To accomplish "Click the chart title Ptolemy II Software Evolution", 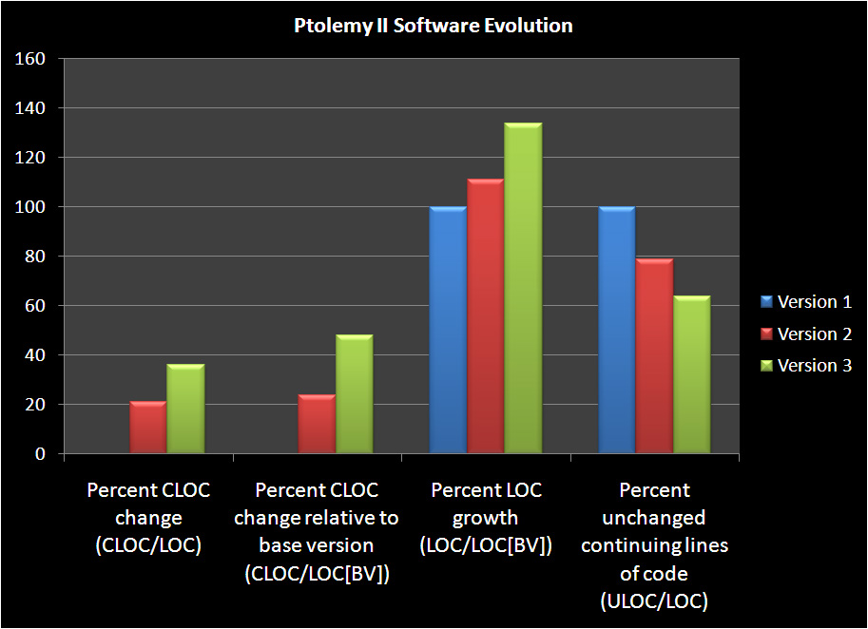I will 433,26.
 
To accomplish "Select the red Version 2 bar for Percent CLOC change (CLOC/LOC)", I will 148,429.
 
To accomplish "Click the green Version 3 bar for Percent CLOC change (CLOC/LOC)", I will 185,410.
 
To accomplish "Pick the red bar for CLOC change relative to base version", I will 317,425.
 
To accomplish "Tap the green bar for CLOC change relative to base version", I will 354,395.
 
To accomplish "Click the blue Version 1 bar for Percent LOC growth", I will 448,331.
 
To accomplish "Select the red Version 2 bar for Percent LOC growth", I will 485,317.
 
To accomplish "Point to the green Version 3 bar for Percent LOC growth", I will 523,289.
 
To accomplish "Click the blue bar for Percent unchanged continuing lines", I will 617,331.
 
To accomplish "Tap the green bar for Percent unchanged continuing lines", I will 691,375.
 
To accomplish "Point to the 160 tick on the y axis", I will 32,59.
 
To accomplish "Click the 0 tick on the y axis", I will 41,454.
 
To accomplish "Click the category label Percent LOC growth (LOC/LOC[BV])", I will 486,518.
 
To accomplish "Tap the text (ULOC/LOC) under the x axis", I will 654,600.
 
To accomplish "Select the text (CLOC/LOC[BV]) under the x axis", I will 317,573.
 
